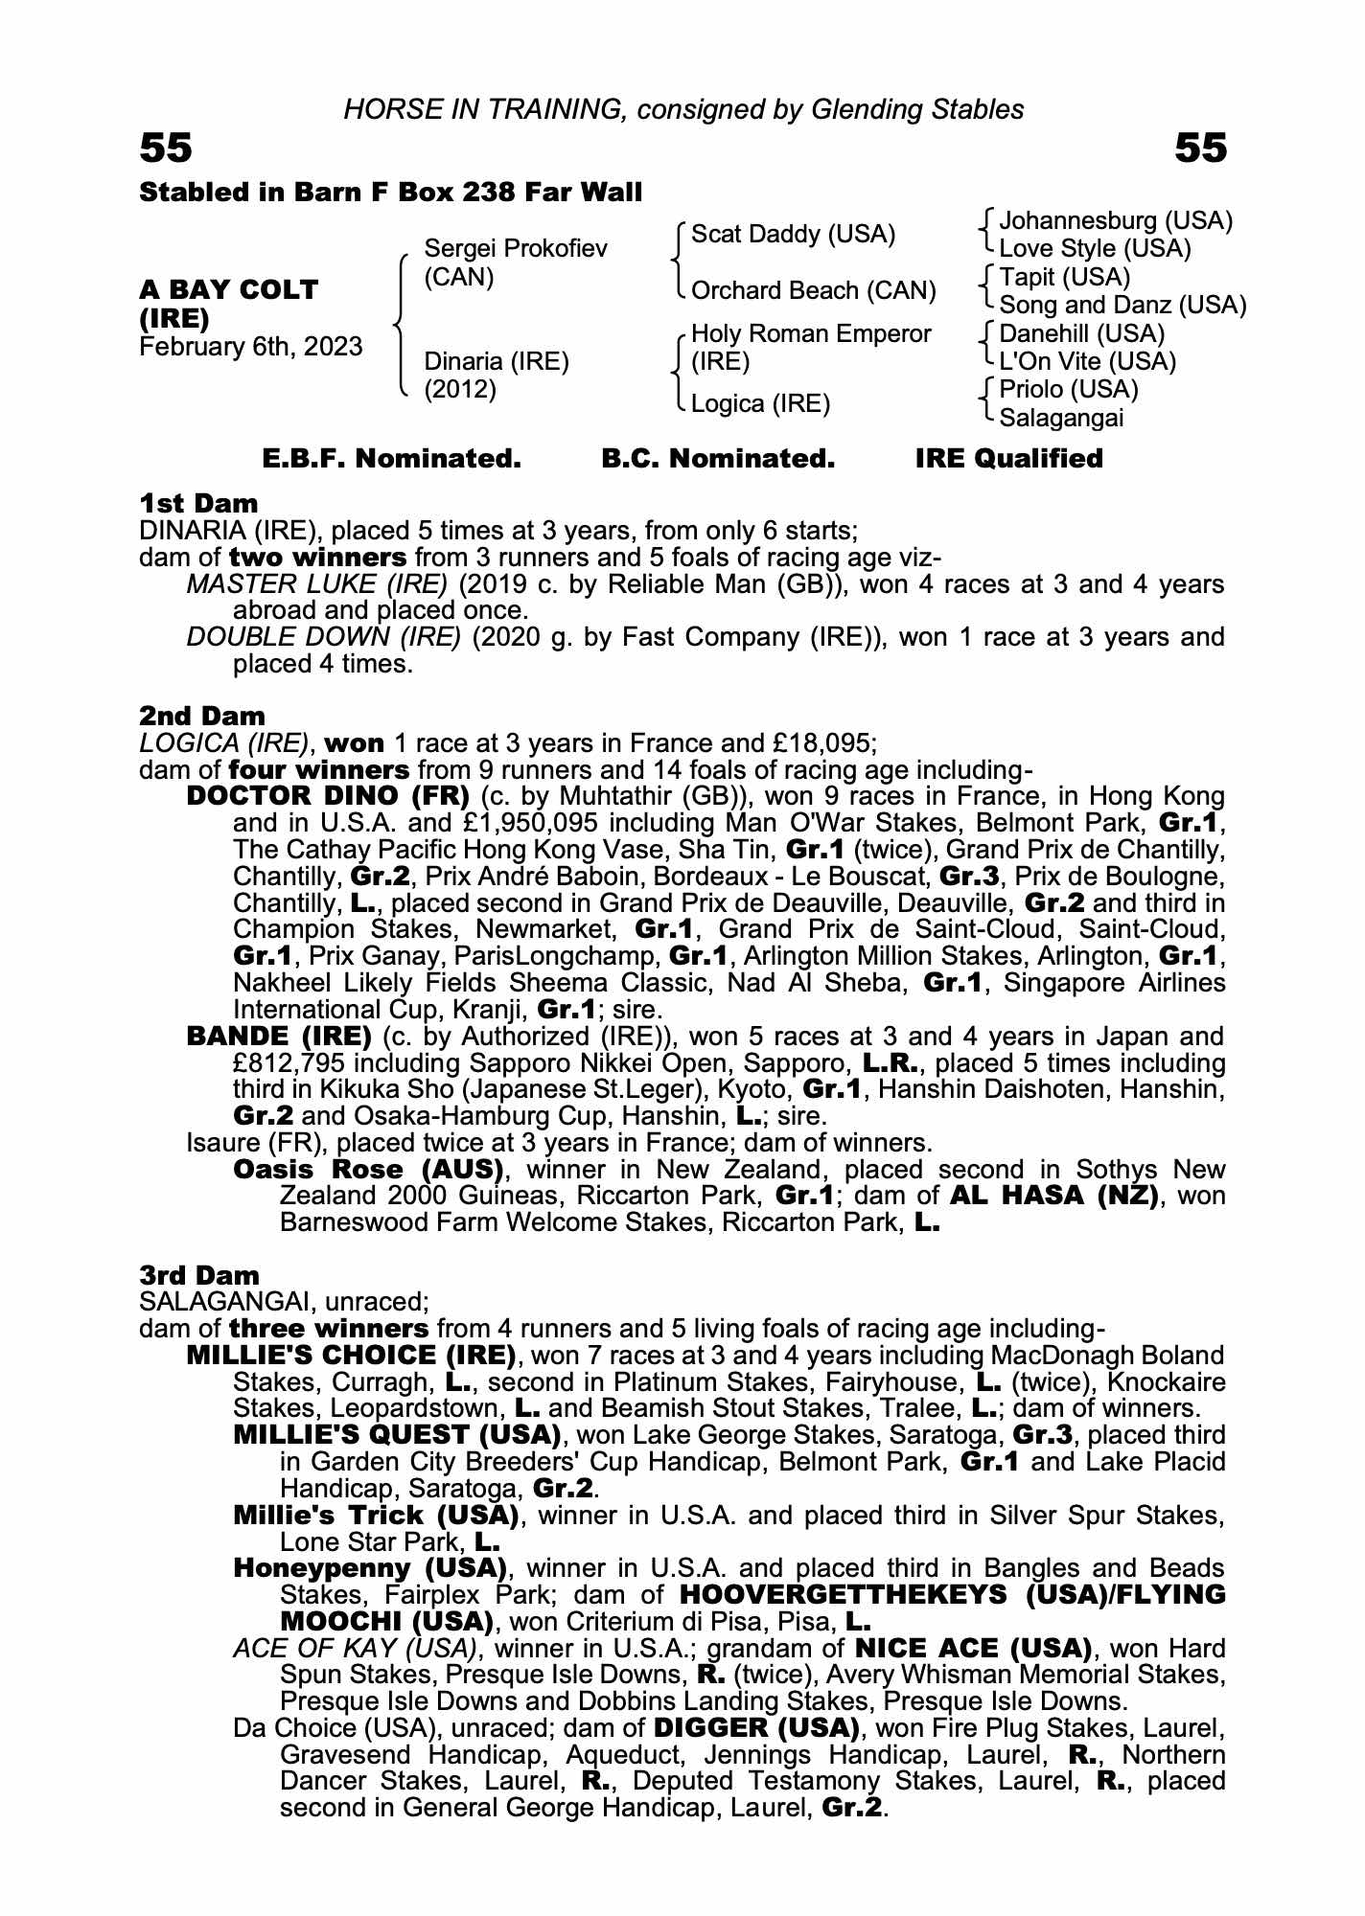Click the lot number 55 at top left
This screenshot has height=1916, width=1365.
(166, 148)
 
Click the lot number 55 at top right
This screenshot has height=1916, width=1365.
(1200, 148)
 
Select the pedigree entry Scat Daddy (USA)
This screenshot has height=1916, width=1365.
(793, 235)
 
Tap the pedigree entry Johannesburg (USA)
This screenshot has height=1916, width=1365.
(1116, 221)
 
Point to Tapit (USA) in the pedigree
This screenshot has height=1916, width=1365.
(1064, 278)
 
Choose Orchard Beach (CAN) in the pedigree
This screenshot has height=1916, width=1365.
(813, 291)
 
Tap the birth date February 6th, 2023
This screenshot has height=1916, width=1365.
(251, 347)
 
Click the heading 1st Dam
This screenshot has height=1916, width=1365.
(198, 503)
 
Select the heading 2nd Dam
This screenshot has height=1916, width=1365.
(202, 716)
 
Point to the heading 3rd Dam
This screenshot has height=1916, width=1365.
(199, 1275)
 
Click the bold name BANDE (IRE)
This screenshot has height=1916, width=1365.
(279, 1037)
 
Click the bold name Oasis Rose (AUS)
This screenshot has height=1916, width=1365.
(369, 1170)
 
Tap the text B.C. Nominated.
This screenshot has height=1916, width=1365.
(718, 459)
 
